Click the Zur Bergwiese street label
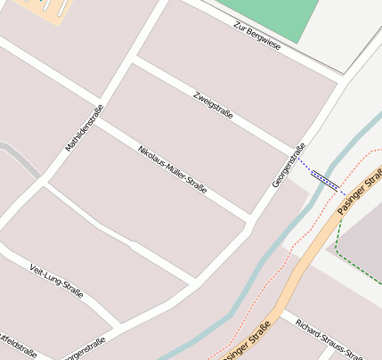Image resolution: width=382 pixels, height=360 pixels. click(256, 35)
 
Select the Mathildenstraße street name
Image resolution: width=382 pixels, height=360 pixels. click(85, 127)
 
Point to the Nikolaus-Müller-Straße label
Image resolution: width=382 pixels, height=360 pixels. click(172, 168)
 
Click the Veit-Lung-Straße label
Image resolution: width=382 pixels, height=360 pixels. click(56, 279)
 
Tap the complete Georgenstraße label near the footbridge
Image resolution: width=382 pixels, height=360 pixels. click(289, 165)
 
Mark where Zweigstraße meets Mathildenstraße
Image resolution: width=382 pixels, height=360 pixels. click(134, 60)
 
